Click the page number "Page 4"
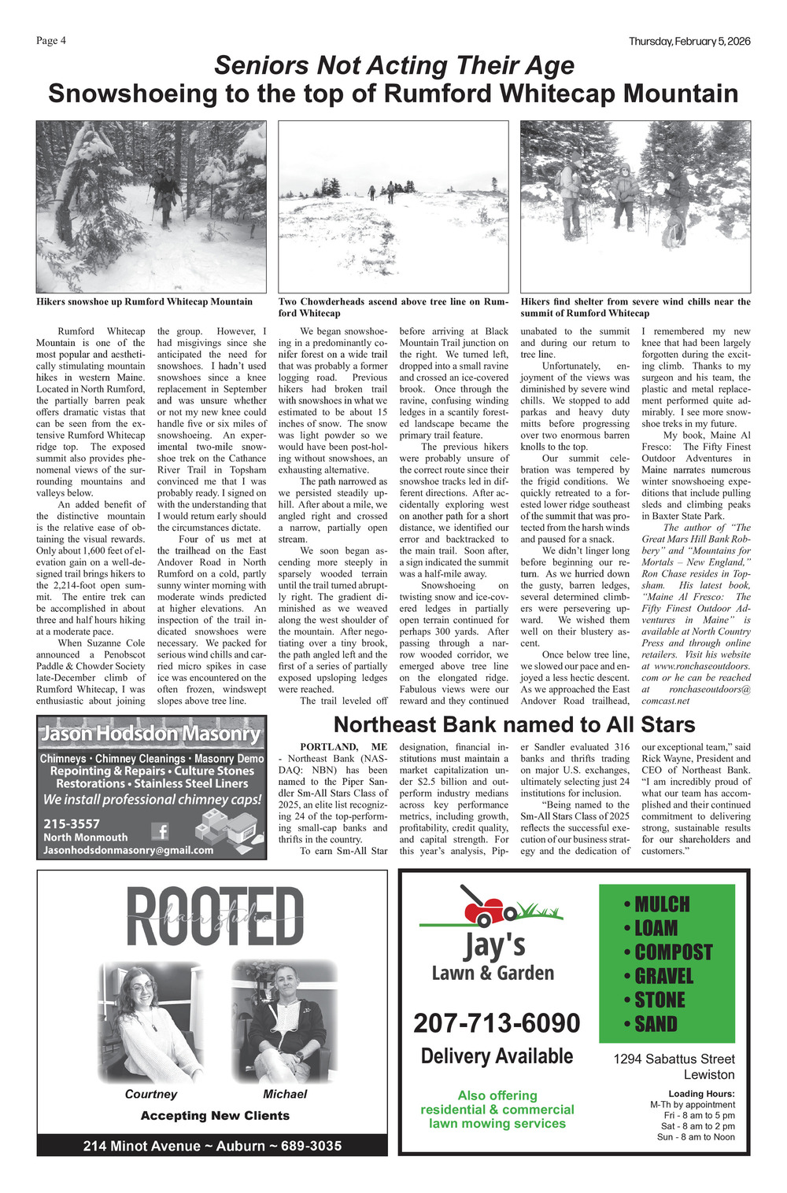click(51, 41)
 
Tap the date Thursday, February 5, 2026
click(689, 41)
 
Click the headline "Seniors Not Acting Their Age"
click(393, 65)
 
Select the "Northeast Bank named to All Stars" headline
click(514, 724)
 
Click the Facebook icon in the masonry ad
click(160, 830)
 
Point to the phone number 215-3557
click(72, 823)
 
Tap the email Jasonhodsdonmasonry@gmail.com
click(128, 850)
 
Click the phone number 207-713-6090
click(497, 1023)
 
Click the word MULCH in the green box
click(662, 904)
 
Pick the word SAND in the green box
click(656, 1024)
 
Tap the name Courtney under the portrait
click(151, 1094)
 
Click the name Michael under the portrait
click(285, 1094)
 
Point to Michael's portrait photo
click(285, 1022)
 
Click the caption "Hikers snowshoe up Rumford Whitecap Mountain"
click(145, 301)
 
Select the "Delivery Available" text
click(497, 1056)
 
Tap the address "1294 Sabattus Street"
click(674, 1059)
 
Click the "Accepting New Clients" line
click(215, 1115)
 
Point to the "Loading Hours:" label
click(701, 1094)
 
